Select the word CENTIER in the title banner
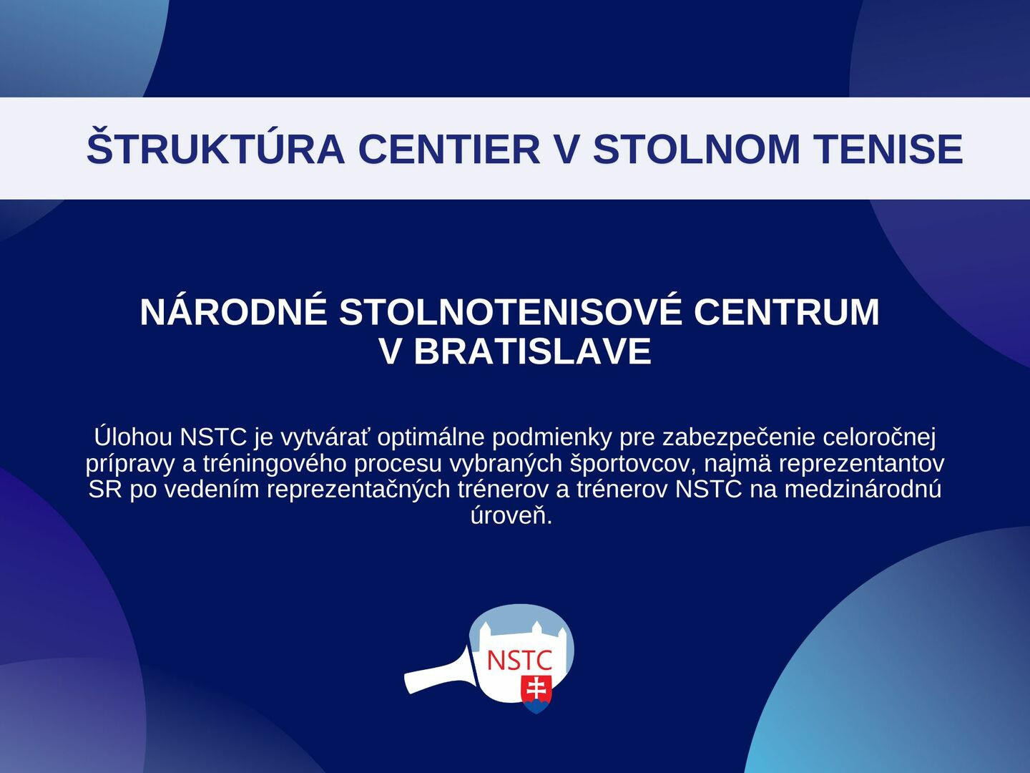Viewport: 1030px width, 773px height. tap(449, 149)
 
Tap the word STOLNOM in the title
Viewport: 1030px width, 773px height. tap(697, 149)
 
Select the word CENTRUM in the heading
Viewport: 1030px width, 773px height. tap(787, 311)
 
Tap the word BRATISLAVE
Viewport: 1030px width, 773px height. tap(533, 351)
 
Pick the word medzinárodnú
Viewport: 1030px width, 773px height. tap(863, 490)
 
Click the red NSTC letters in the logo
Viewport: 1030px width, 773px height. tap(519, 661)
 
